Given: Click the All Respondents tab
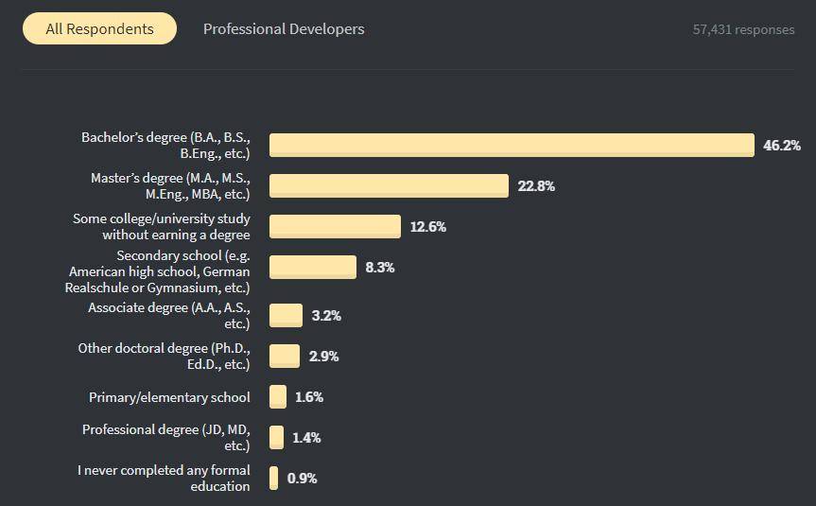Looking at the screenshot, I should [99, 29].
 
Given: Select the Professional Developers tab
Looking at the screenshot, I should [284, 29].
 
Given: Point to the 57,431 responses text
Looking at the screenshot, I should [743, 29].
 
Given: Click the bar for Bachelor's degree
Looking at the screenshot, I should [511, 145].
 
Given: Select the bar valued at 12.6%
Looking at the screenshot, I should [335, 226].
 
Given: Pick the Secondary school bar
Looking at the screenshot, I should [313, 268].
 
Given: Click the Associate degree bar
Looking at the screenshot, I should [286, 315].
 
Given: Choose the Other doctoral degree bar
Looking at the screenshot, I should [285, 356].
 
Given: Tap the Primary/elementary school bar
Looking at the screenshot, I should [278, 397].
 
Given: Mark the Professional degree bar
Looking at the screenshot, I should [277, 437].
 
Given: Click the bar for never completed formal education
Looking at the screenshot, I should [274, 478].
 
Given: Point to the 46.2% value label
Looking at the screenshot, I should [782, 145].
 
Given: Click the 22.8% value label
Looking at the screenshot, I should [536, 185].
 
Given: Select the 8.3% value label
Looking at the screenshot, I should [380, 268].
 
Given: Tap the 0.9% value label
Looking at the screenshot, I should [303, 478].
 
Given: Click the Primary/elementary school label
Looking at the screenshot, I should [169, 397].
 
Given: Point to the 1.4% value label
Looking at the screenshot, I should [307, 437].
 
